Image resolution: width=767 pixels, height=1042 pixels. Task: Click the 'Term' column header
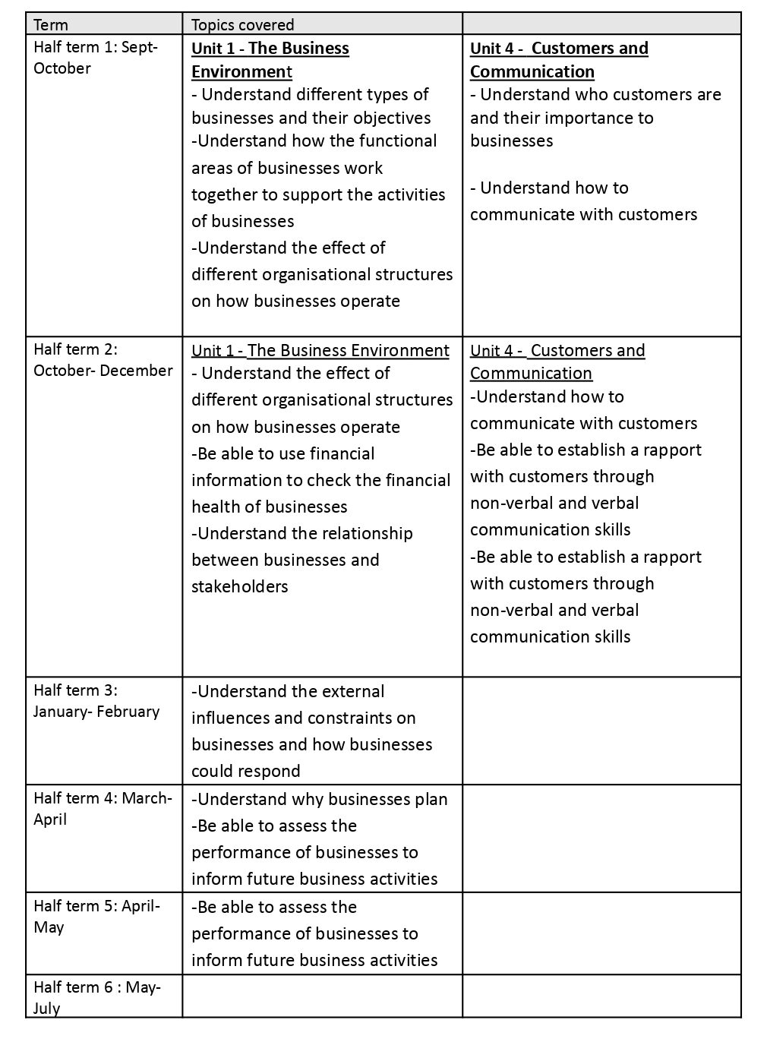pyautogui.click(x=51, y=25)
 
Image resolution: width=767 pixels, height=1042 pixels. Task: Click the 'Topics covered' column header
pyautogui.click(x=242, y=25)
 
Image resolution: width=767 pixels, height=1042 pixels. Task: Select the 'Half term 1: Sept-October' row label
pyautogui.click(x=95, y=58)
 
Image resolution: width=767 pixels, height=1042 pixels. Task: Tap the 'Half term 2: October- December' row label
pyautogui.click(x=103, y=360)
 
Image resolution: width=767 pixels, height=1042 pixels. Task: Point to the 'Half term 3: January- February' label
pyautogui.click(x=96, y=701)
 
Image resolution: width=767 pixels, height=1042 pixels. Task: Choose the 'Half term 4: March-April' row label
pyautogui.click(x=103, y=809)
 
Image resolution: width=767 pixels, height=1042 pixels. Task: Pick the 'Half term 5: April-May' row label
pyautogui.click(x=96, y=917)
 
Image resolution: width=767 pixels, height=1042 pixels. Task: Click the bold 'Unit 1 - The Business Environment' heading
pyautogui.click(x=270, y=60)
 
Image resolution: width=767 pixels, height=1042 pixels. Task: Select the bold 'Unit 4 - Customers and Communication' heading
pyautogui.click(x=558, y=60)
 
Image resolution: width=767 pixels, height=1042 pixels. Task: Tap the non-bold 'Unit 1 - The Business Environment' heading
pyautogui.click(x=320, y=351)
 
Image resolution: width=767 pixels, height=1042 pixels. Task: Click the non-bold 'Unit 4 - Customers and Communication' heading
pyautogui.click(x=557, y=362)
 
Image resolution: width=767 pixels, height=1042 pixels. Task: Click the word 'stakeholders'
pyautogui.click(x=239, y=587)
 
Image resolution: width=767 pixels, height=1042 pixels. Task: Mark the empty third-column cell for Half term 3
pyautogui.click(x=601, y=731)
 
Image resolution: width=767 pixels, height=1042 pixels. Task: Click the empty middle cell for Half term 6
pyautogui.click(x=322, y=996)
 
